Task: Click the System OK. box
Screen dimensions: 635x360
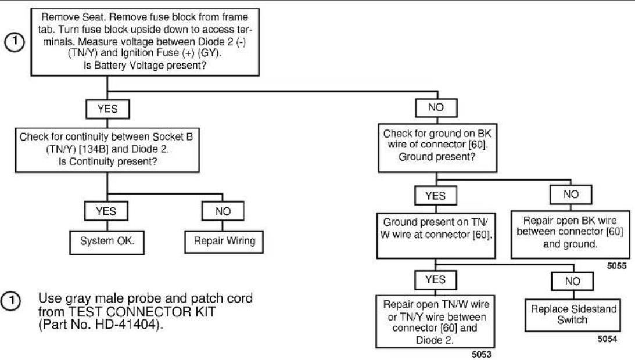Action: [107, 242]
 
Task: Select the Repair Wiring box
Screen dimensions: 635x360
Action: [224, 242]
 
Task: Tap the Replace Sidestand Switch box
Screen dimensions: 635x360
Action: [572, 315]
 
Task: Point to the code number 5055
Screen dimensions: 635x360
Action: [616, 266]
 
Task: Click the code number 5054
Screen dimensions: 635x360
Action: [608, 339]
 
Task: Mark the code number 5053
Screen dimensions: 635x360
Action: [482, 354]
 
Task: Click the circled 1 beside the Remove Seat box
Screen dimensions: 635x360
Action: [14, 42]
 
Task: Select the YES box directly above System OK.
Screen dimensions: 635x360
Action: [106, 211]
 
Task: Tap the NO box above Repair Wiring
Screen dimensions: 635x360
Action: [223, 211]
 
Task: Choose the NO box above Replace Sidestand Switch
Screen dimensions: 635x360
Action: [572, 281]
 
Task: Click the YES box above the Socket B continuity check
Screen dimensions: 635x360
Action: [107, 109]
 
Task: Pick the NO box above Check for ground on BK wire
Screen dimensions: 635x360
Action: [436, 108]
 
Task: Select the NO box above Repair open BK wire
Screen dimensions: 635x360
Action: [571, 195]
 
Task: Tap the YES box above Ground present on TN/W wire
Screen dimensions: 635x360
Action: [436, 196]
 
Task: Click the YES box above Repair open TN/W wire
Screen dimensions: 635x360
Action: [436, 280]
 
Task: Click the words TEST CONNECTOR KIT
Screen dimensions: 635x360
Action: [142, 312]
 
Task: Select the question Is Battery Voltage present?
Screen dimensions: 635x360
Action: [145, 65]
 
